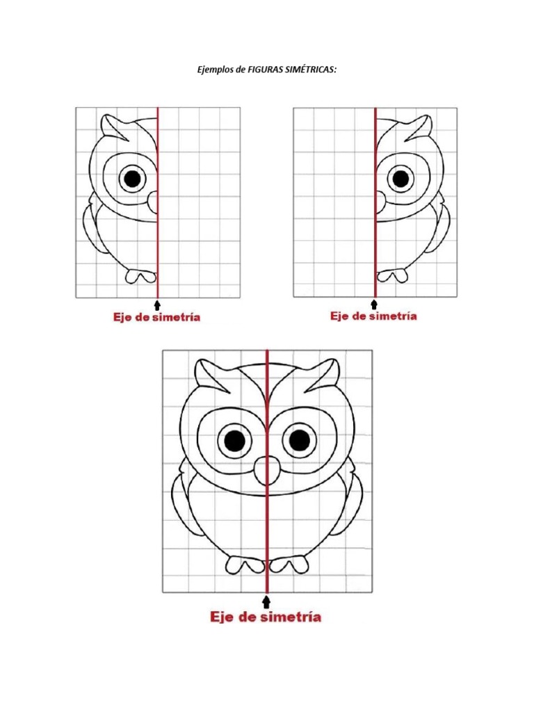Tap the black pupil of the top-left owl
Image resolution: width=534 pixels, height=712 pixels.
pyautogui.click(x=131, y=179)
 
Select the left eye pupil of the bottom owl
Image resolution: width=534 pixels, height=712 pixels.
pyautogui.click(x=235, y=440)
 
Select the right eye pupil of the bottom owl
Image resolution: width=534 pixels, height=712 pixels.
pyautogui.click(x=300, y=440)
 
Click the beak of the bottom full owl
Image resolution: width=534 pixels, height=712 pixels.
pyautogui.click(x=266, y=471)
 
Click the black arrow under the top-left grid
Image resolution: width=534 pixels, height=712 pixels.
pyautogui.click(x=158, y=305)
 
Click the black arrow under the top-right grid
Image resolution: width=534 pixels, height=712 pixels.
pyautogui.click(x=375, y=304)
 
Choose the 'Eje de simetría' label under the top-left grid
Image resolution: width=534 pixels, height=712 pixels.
pyautogui.click(x=157, y=318)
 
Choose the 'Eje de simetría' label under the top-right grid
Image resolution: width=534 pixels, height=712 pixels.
pyautogui.click(x=373, y=316)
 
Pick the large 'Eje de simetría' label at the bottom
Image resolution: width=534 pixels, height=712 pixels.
pyautogui.click(x=267, y=617)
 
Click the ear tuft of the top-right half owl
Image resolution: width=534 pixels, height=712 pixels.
pyautogui.click(x=422, y=125)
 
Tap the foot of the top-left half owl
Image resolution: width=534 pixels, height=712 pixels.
pyautogui.click(x=141, y=276)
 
